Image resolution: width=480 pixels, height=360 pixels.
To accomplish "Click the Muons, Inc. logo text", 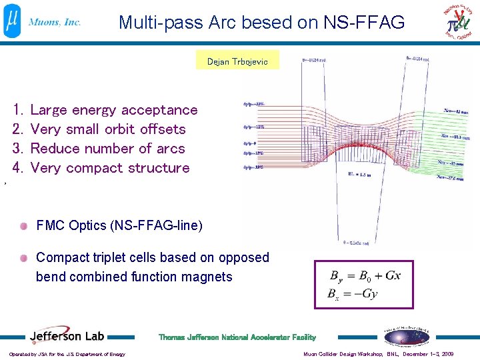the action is [55, 22].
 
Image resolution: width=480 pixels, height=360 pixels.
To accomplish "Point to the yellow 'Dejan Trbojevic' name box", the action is [237, 61].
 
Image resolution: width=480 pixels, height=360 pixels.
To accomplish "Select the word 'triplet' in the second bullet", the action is [117, 257].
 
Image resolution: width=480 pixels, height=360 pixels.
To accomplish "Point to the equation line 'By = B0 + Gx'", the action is [365, 275].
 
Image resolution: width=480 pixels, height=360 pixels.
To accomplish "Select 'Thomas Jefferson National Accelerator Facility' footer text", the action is [237, 337].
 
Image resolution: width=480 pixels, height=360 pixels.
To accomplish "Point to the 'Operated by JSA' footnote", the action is [67, 354].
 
